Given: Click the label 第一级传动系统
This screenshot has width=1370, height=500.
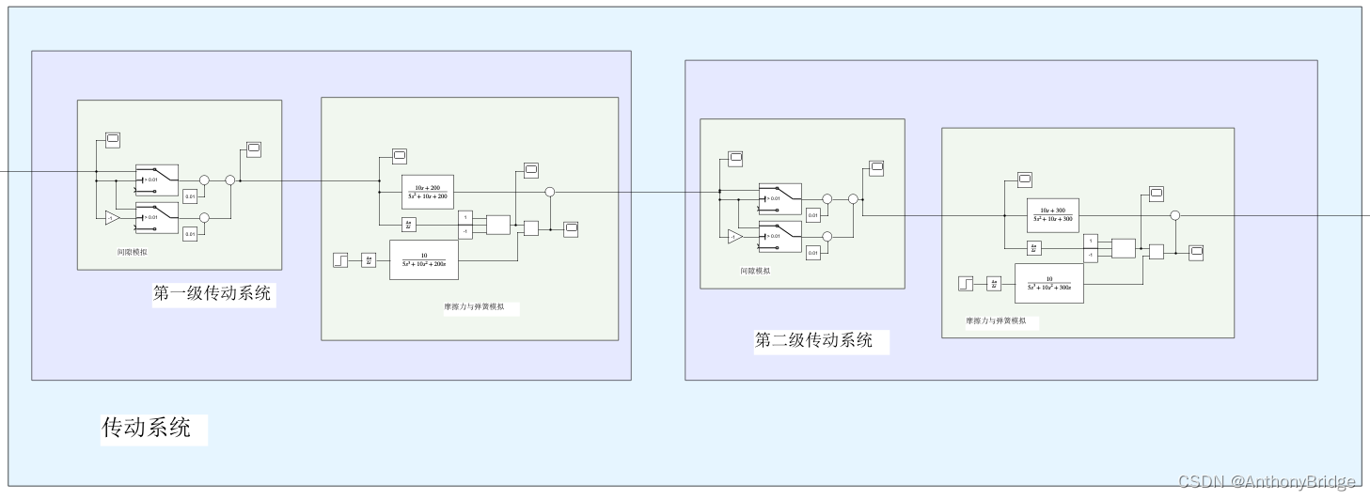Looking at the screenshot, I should [x=212, y=293].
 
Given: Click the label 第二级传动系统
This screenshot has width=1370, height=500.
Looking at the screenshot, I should [x=813, y=340].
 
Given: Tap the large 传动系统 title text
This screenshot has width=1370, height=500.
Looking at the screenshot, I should [x=147, y=429].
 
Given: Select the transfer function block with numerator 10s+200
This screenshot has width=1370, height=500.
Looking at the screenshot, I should [x=428, y=193].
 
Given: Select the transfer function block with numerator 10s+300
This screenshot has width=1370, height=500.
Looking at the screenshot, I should [x=1052, y=215].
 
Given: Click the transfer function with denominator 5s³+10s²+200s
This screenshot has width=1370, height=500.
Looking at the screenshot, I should [x=423, y=260].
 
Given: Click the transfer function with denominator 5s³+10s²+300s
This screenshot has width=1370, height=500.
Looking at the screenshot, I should [x=1048, y=283].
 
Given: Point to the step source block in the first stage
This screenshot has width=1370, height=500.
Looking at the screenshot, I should [x=340, y=260].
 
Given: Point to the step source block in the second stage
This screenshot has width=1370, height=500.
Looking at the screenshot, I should [x=966, y=283].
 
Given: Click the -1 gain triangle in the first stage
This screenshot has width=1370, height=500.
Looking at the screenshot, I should [x=112, y=217].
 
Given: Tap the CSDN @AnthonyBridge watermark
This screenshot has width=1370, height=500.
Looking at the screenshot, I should [x=1267, y=481].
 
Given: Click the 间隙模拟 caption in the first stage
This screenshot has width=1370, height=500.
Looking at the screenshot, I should [x=132, y=252].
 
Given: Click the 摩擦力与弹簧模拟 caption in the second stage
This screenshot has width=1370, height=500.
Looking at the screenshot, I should [x=996, y=320].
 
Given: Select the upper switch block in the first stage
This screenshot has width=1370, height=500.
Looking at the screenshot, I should [x=156, y=179].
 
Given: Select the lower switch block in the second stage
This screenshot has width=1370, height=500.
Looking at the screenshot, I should [x=780, y=236].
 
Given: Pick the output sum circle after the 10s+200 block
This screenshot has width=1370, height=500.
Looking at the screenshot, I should [x=550, y=192].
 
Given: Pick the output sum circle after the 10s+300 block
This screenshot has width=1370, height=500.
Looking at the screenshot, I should [x=1174, y=215].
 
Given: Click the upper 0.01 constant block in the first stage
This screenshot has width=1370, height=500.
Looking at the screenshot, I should [x=190, y=195].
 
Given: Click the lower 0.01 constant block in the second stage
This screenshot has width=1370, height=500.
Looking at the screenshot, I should [x=813, y=252].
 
